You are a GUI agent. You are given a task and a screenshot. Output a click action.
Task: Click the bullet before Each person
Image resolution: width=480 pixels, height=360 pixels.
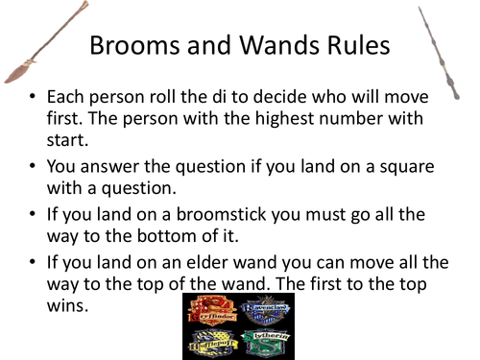click(34, 98)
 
